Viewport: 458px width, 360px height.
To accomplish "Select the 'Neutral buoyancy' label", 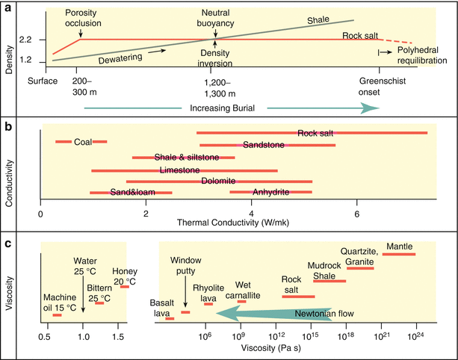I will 214,19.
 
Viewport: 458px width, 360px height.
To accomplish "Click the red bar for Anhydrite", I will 270,192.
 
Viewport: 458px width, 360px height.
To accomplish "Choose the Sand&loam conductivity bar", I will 131,193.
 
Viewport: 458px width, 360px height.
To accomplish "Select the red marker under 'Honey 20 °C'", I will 125,286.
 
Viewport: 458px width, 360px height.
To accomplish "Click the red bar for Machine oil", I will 57,314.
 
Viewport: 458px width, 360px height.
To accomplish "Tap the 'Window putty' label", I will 185,265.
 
